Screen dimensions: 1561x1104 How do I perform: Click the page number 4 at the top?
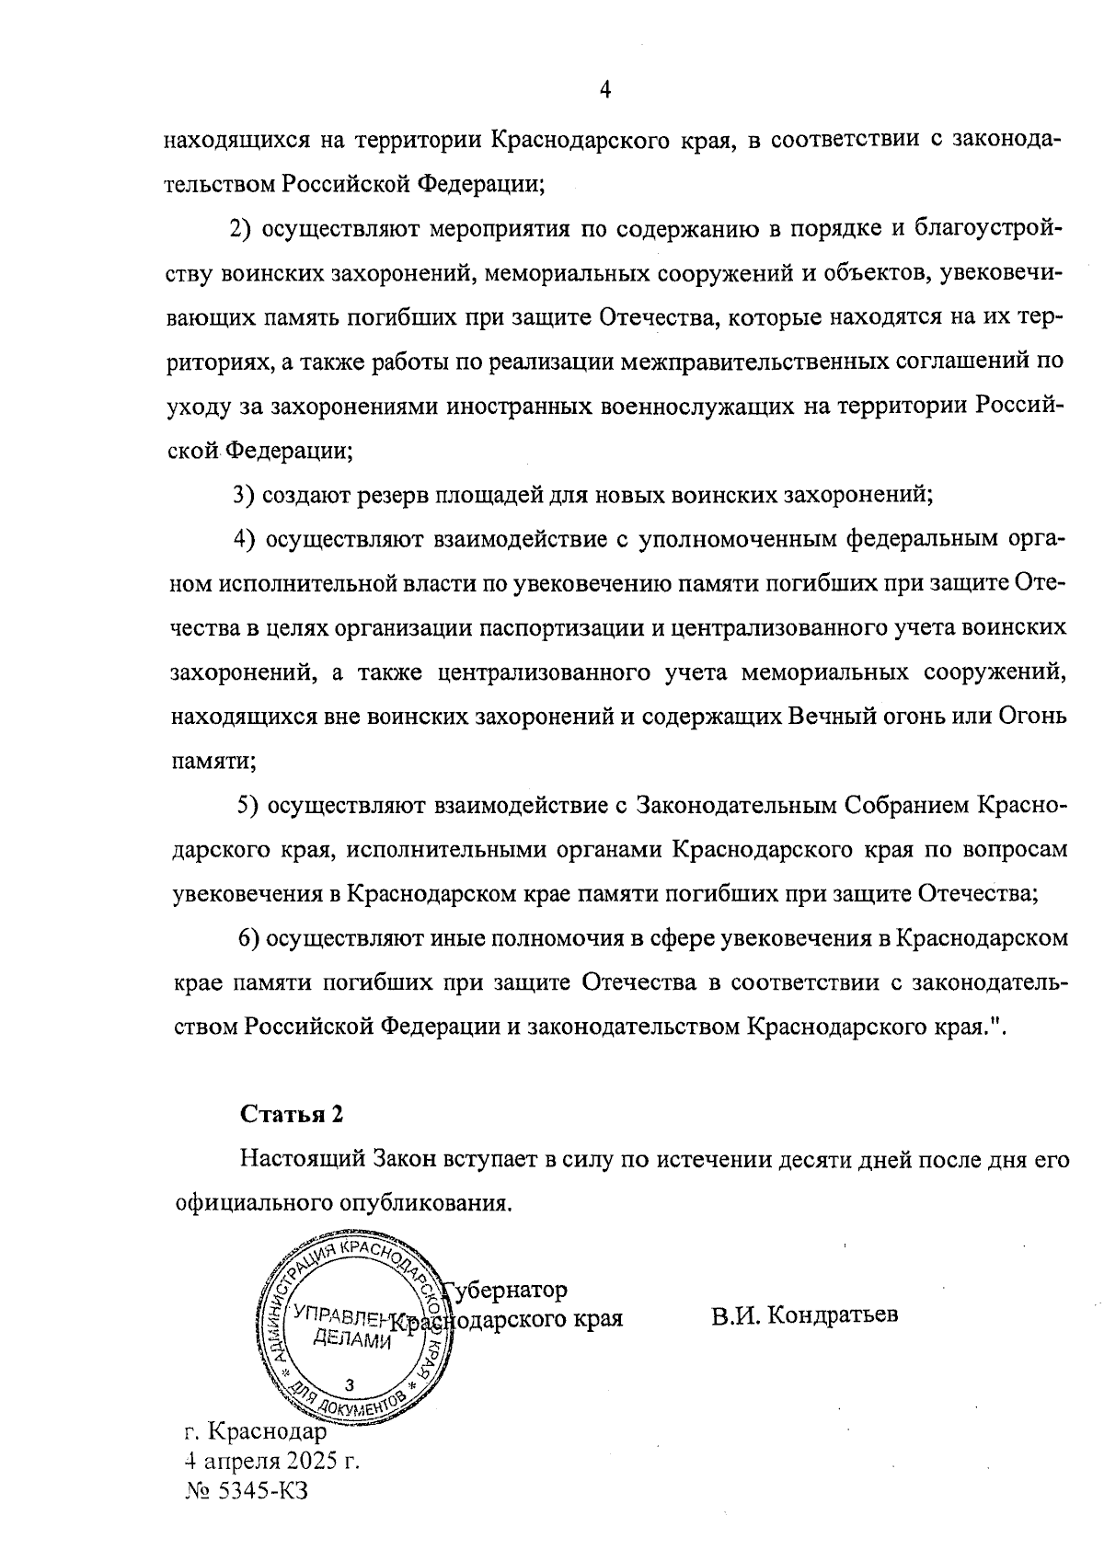[605, 88]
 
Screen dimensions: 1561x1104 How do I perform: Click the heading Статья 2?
[292, 1114]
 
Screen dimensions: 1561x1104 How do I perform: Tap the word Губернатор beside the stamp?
[506, 1289]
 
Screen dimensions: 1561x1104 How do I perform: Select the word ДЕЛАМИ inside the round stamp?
[353, 1340]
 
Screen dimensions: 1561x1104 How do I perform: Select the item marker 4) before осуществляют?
[245, 539]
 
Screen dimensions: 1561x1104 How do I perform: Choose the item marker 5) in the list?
[247, 806]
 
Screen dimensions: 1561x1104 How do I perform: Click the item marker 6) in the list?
[249, 938]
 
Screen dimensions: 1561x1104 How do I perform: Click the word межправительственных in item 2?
[753, 362]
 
